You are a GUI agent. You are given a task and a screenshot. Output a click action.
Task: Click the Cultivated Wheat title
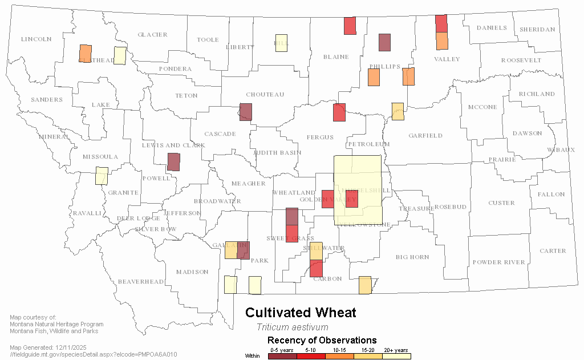[x=301, y=313]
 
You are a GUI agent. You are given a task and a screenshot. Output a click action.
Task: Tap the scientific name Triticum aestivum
[x=292, y=327]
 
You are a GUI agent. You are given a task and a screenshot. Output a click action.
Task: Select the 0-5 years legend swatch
[x=282, y=356]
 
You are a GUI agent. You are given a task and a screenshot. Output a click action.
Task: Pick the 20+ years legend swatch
[x=396, y=356]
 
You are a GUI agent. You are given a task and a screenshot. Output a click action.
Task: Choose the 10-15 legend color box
[x=339, y=356]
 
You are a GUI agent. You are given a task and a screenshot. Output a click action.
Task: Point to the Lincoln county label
[x=36, y=39]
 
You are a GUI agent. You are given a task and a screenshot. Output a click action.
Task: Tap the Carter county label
[x=553, y=250]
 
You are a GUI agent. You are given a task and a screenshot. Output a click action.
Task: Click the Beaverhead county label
[x=140, y=282]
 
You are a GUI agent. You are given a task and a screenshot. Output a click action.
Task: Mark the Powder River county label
[x=498, y=262]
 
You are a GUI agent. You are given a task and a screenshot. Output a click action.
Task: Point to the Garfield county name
[x=425, y=136]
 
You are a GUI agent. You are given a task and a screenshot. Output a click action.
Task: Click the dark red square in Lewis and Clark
[x=173, y=162]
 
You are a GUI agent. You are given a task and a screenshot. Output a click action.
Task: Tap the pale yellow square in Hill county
[x=281, y=43]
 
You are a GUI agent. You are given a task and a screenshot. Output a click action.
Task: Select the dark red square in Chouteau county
[x=246, y=112]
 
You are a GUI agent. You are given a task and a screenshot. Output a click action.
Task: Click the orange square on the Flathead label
[x=86, y=53]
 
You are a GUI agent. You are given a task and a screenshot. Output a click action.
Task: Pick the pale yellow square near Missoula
[x=102, y=175]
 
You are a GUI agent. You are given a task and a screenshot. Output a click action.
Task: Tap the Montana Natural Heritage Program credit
[x=56, y=324]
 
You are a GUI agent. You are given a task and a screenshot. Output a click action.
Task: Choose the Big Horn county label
[x=412, y=257]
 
